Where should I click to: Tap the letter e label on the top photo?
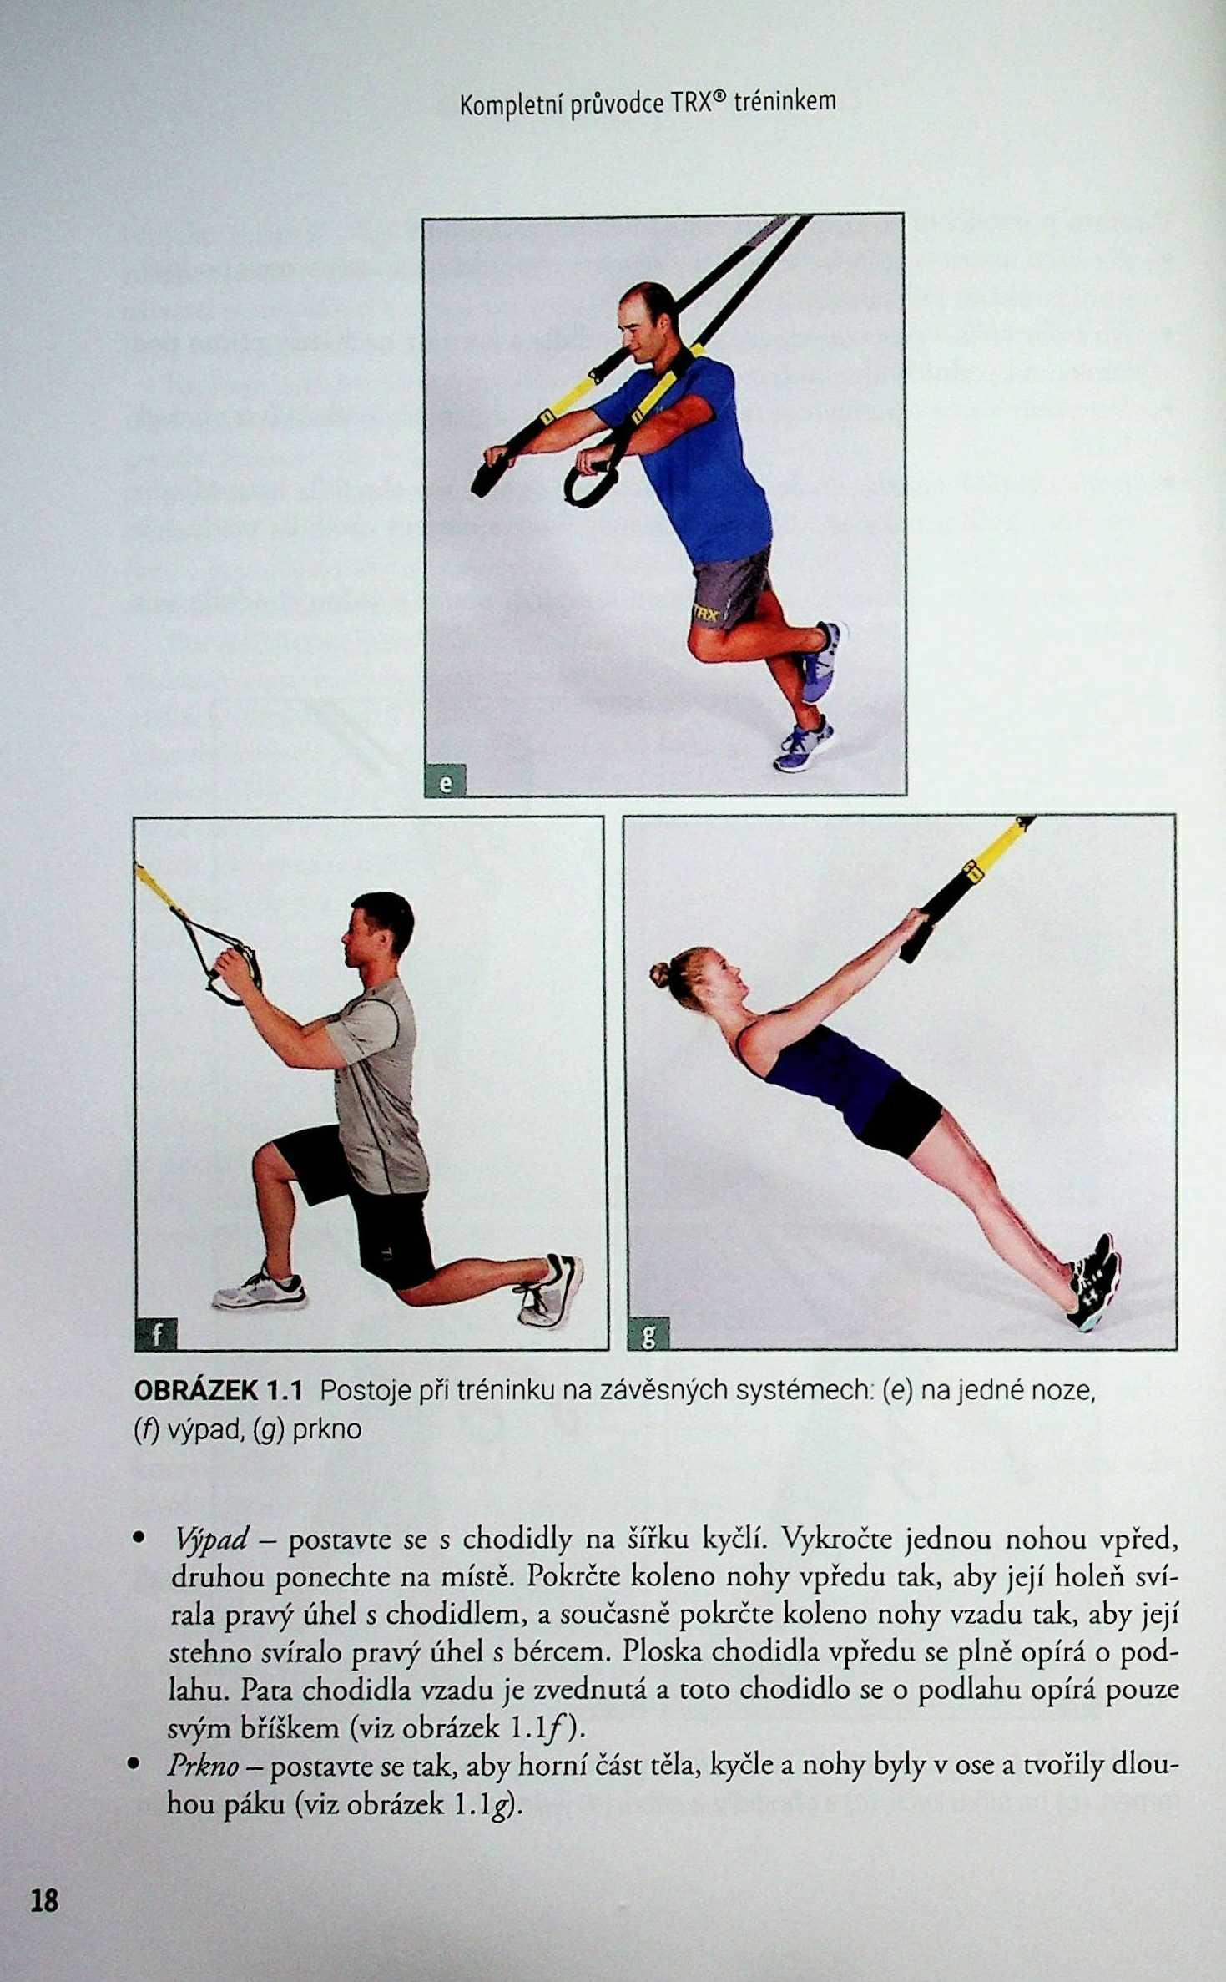tap(446, 782)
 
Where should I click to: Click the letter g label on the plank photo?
tap(648, 1335)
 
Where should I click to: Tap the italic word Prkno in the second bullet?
tap(203, 1765)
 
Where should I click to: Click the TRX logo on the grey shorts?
tap(705, 614)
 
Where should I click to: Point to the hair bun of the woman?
tap(659, 973)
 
